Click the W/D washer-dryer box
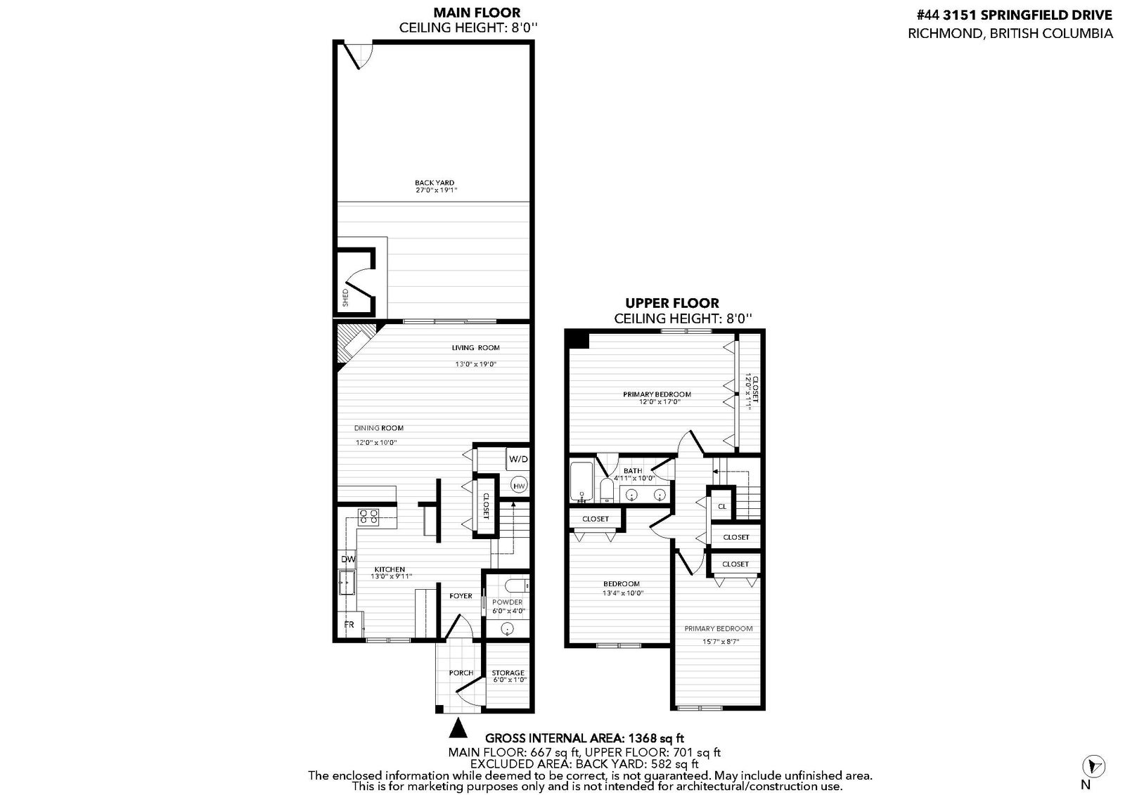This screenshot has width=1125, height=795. click(x=518, y=459)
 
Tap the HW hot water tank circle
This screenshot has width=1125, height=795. click(x=519, y=486)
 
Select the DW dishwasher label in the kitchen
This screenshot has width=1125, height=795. click(x=348, y=559)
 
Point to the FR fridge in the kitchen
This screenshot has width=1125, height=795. click(x=349, y=624)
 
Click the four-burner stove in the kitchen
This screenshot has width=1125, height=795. click(x=368, y=517)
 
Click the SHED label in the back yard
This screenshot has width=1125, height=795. click(x=345, y=298)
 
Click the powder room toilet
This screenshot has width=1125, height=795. click(x=516, y=586)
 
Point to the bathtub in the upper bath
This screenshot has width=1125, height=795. click(x=581, y=481)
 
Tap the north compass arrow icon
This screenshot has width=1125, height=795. click(x=1093, y=766)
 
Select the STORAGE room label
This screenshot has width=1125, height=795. click(x=508, y=673)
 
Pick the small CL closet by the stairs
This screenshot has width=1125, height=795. click(x=721, y=506)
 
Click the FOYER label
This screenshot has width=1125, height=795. click(x=461, y=595)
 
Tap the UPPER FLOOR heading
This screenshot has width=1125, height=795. click(x=672, y=303)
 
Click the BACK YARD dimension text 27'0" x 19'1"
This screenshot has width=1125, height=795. click(x=436, y=190)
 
